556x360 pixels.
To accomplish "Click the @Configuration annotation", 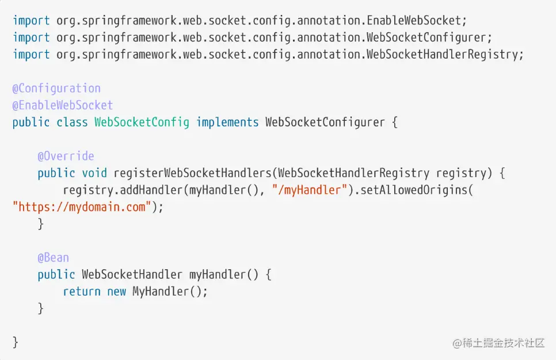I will (56, 89).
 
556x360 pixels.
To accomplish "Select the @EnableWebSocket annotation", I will (63, 105).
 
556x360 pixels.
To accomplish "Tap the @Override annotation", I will (66, 156).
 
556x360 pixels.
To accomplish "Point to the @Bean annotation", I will (53, 258).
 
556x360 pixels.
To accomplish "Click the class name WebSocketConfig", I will (142, 122).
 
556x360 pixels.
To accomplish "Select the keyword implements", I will (227, 122).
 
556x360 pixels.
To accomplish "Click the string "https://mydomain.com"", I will (82, 207).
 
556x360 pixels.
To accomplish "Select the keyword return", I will (82, 292).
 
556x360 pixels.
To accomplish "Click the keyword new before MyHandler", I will (116, 292).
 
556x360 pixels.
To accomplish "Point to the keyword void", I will (94, 173).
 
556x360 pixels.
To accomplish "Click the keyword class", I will (72, 122).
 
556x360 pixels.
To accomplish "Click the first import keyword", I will (31, 21).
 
